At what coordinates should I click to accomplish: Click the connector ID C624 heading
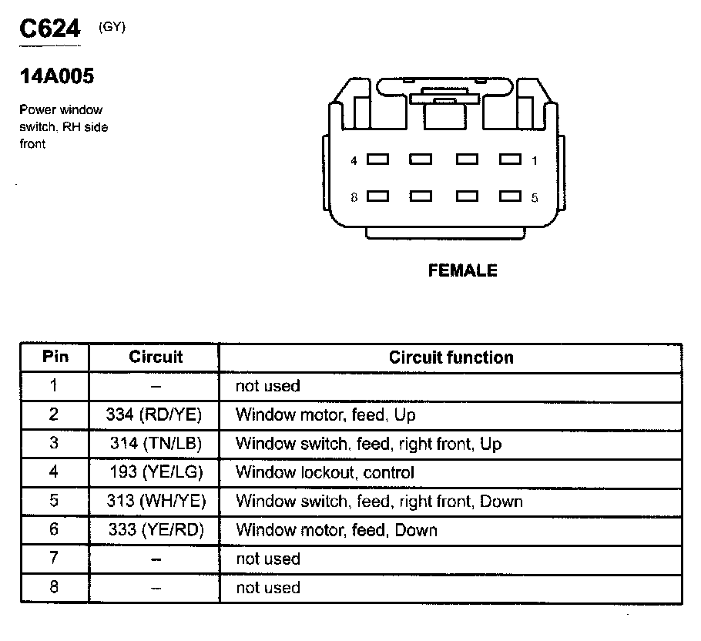(x=50, y=30)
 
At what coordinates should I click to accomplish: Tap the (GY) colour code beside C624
(x=112, y=28)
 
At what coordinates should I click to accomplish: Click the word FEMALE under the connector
(x=462, y=270)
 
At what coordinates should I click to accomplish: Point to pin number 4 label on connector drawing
(x=354, y=161)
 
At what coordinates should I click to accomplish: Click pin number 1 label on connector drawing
(x=535, y=161)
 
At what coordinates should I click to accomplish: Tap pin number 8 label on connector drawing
(x=354, y=197)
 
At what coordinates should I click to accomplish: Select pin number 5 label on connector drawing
(x=535, y=197)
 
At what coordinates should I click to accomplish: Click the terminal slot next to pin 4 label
(x=377, y=160)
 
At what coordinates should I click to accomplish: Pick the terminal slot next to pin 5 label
(x=510, y=196)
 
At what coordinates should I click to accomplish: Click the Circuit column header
(x=156, y=357)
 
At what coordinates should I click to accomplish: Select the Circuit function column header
(x=451, y=357)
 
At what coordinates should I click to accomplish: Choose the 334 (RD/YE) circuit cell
(x=154, y=414)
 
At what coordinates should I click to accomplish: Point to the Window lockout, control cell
(x=324, y=472)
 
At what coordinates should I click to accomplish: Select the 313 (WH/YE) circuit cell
(x=156, y=501)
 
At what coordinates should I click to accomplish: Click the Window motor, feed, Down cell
(x=336, y=530)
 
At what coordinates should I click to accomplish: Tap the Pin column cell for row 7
(x=54, y=559)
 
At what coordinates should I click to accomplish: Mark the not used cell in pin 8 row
(x=267, y=588)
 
